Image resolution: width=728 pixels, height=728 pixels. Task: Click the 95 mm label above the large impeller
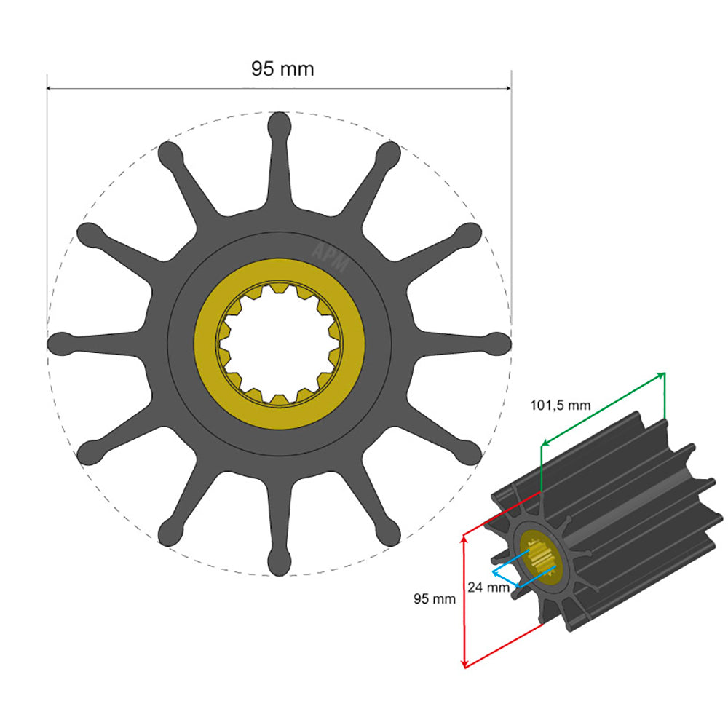coord(282,69)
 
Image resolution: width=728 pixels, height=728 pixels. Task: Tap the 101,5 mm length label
coord(560,405)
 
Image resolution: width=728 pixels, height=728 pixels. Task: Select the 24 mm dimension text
coord(489,587)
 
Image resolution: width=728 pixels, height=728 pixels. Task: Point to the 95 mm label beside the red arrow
coord(435,599)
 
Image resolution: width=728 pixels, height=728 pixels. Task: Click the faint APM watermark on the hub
coord(329,256)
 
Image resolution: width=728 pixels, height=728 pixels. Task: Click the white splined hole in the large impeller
coord(280,342)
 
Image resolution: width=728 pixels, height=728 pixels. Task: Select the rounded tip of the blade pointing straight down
coord(280,562)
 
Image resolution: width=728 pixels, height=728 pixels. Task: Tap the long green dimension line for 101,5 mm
coord(603,408)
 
